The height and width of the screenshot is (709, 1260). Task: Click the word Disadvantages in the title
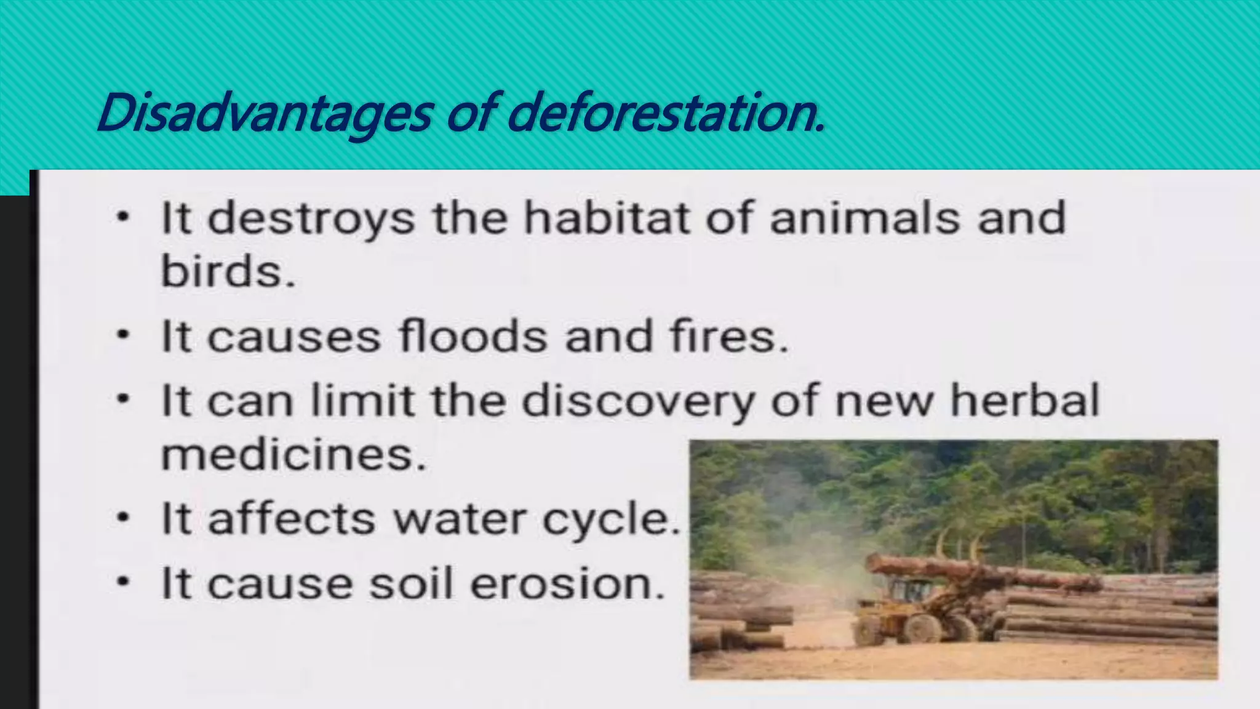point(265,113)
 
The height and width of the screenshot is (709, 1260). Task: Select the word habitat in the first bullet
point(606,218)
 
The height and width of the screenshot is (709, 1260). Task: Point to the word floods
point(473,337)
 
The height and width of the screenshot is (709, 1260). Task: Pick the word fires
point(729,337)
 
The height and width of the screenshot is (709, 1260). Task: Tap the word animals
point(864,218)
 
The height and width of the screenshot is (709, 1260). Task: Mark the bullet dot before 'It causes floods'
point(124,336)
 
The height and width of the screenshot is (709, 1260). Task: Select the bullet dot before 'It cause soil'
point(124,582)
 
